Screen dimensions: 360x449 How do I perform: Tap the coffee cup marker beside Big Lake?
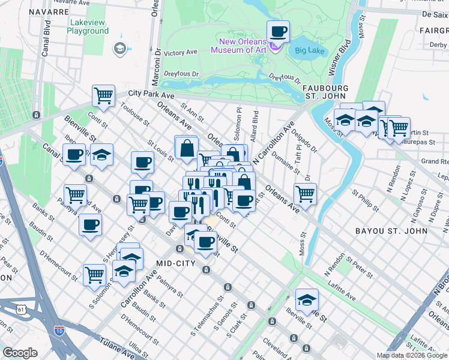click(278, 31)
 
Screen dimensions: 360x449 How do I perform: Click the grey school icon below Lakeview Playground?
click(119, 48)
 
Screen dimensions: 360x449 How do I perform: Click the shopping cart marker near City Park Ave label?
click(103, 95)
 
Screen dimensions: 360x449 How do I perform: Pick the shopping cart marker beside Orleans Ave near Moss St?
click(306, 194)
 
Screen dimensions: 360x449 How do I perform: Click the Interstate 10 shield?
click(59, 330)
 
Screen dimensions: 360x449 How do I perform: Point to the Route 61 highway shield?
click(22, 309)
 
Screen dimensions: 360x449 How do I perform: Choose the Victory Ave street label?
click(181, 53)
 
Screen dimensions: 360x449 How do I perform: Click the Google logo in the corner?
click(20, 353)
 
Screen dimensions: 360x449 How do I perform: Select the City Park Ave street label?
click(151, 95)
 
